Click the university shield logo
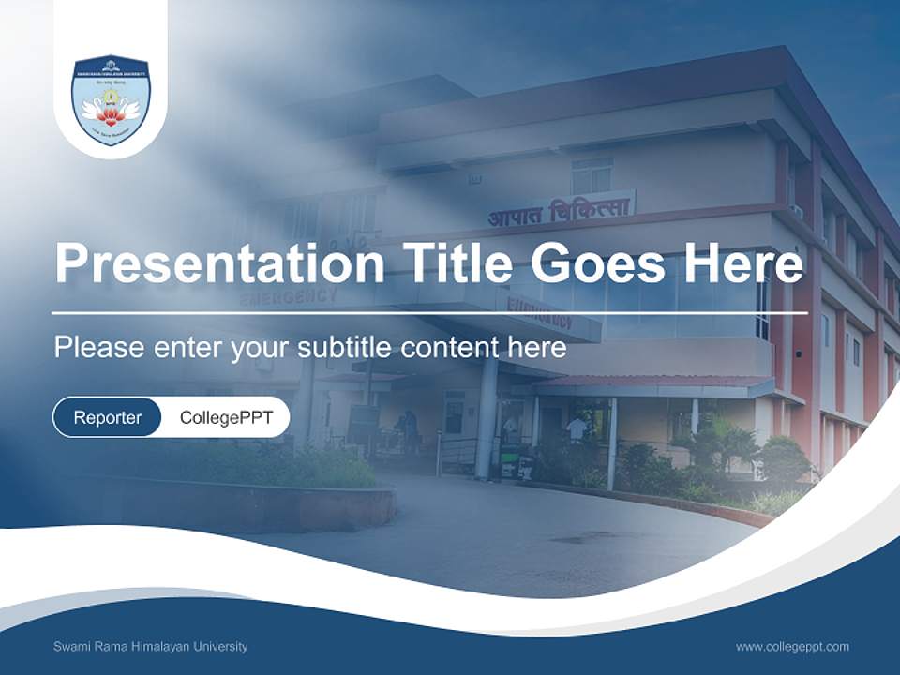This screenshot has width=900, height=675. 111,99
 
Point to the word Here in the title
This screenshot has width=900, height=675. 742,262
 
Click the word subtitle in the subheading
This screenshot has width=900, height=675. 345,348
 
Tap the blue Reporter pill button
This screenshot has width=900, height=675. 108,417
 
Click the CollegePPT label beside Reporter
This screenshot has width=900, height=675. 226,417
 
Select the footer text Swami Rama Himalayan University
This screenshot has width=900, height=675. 151,647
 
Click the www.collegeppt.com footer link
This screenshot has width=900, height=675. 792,647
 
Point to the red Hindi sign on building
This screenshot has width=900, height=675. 560,212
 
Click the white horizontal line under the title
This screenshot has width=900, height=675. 429,312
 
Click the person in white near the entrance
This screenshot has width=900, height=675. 577,428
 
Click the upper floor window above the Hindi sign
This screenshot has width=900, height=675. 592,176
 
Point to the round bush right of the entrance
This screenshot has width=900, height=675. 783,459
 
